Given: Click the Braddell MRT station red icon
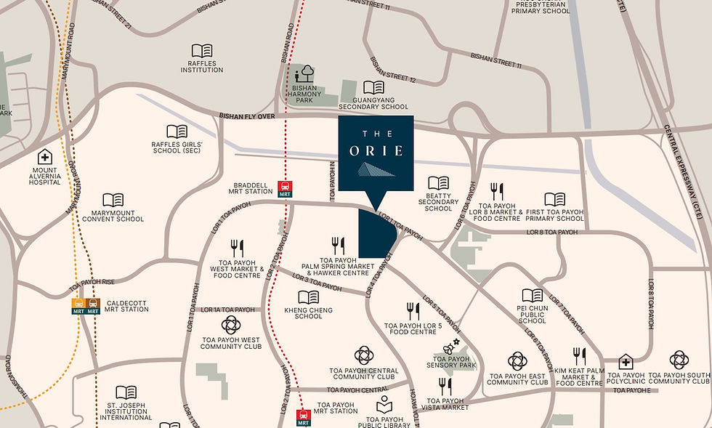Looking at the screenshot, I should [x=286, y=189].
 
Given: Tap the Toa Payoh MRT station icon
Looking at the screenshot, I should [x=304, y=418].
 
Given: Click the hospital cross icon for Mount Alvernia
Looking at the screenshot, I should [x=45, y=157].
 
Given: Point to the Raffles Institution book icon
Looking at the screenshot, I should [x=201, y=51].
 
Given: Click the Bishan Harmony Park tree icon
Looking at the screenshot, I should [x=305, y=73].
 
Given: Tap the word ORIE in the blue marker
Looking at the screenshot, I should [x=376, y=152].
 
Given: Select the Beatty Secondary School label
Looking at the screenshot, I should [x=438, y=202].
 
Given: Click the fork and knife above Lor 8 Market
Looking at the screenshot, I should [x=497, y=191].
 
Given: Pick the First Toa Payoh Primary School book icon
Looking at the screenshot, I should [x=554, y=199].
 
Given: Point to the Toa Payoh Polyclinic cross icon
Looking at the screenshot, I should [x=626, y=362].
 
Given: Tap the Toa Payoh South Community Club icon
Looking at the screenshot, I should [x=679, y=359].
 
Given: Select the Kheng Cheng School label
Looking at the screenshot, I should [x=309, y=313].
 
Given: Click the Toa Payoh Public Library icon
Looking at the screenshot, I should [x=384, y=405].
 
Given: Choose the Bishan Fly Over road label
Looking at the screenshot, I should [x=247, y=116].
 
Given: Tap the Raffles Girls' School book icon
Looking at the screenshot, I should [x=177, y=132].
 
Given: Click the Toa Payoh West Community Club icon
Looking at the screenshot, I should [x=230, y=325].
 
